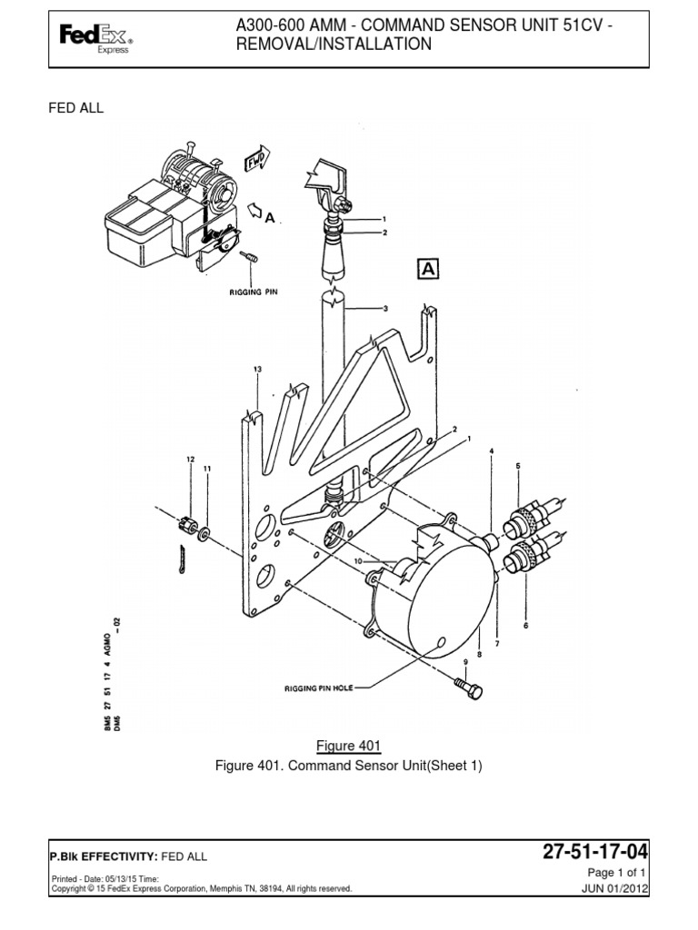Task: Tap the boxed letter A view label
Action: [427, 268]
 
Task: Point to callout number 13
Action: [257, 370]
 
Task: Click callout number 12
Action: [191, 460]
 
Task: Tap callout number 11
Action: [207, 469]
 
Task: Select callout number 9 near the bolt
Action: [465, 661]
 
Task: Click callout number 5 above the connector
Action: [518, 466]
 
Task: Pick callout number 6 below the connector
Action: [524, 626]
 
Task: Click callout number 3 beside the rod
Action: [385, 309]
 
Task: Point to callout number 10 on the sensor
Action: [358, 562]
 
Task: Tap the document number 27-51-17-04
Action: [595, 852]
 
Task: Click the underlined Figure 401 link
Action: [347, 746]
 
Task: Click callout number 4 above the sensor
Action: [492, 451]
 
